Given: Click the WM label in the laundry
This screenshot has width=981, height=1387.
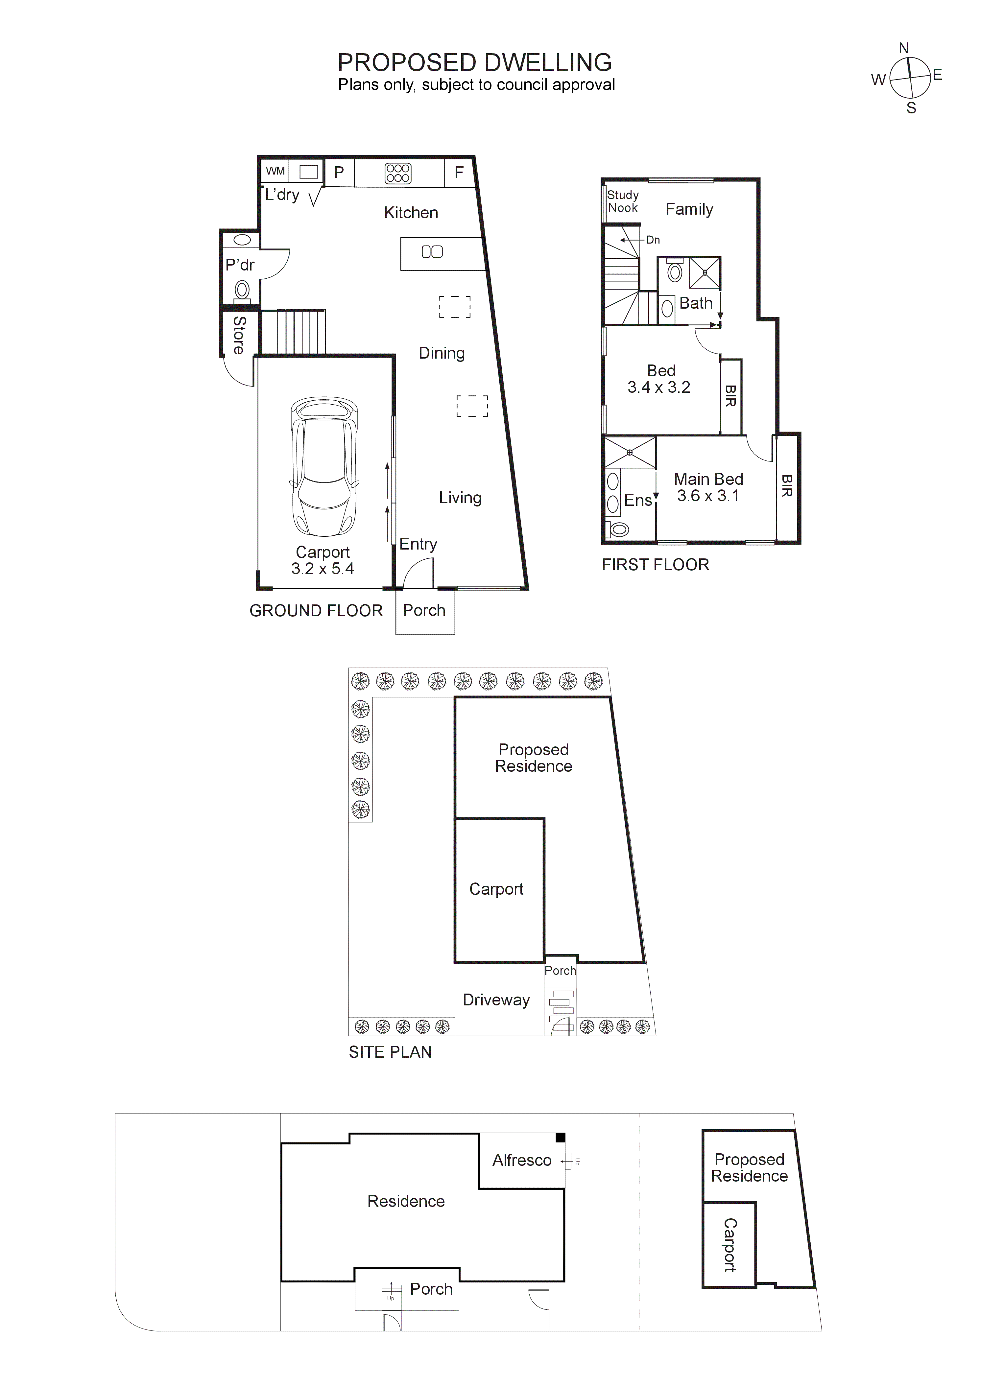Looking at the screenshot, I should point(275,171).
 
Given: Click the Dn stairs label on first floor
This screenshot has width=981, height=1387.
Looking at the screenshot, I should point(653,240).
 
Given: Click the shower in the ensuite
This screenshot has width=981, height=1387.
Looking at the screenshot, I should point(630,453).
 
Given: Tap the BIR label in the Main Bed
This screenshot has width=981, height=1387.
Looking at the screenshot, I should point(786,486).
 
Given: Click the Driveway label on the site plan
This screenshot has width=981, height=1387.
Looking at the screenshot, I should point(496,1000).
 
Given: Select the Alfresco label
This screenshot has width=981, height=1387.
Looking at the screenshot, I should point(522,1161).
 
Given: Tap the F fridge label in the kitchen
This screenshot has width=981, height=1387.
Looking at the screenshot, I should point(459,173).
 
